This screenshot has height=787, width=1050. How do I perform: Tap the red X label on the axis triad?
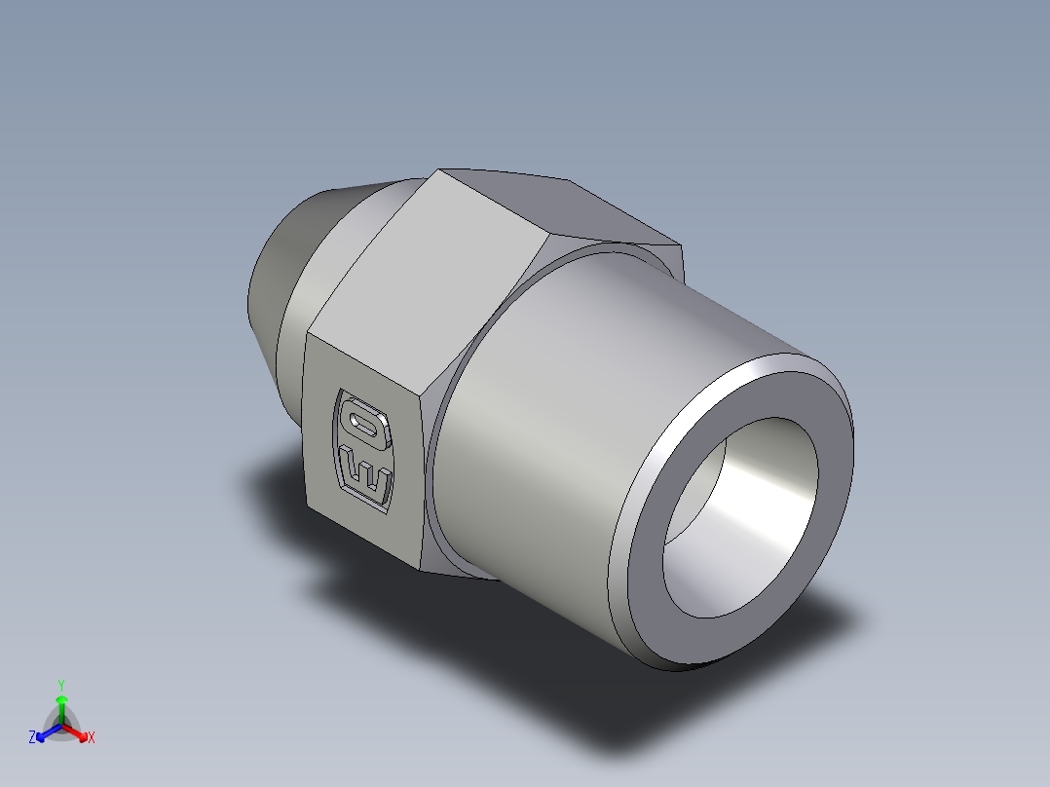[91, 737]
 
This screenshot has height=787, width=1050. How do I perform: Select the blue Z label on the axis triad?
[32, 737]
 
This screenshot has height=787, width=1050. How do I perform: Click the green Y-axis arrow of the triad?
[60, 706]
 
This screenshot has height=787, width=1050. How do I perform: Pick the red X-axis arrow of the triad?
[77, 731]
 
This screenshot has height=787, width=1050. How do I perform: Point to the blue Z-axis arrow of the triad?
[46, 731]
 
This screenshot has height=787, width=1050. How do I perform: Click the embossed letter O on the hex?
[366, 426]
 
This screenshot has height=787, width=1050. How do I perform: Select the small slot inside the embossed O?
[367, 426]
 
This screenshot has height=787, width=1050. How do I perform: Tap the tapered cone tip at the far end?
[278, 263]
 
